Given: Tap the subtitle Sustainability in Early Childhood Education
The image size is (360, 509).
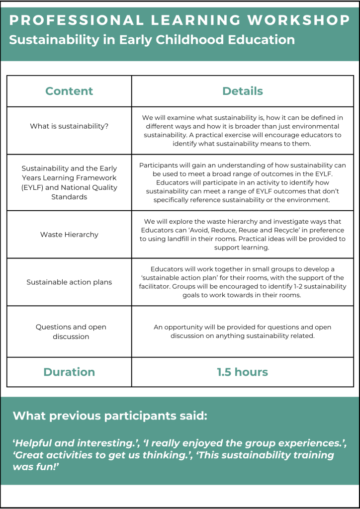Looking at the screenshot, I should pos(152,40).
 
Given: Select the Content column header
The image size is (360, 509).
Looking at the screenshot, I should pos(69,91).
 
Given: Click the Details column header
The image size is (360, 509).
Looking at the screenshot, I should pos(243,91).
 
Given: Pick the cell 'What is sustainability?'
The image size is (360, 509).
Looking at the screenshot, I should pos(69,126).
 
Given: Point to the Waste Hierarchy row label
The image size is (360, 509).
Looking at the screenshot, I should pos(69,234).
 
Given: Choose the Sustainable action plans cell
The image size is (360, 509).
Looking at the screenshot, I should pos(69,282).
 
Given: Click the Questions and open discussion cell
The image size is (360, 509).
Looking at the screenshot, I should pos(69,332).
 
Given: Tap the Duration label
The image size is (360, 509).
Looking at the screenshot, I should pos(69,372).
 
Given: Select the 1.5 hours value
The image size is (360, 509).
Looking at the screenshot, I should pos(243,372).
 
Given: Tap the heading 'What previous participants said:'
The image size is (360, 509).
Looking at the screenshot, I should pos(110,416).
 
